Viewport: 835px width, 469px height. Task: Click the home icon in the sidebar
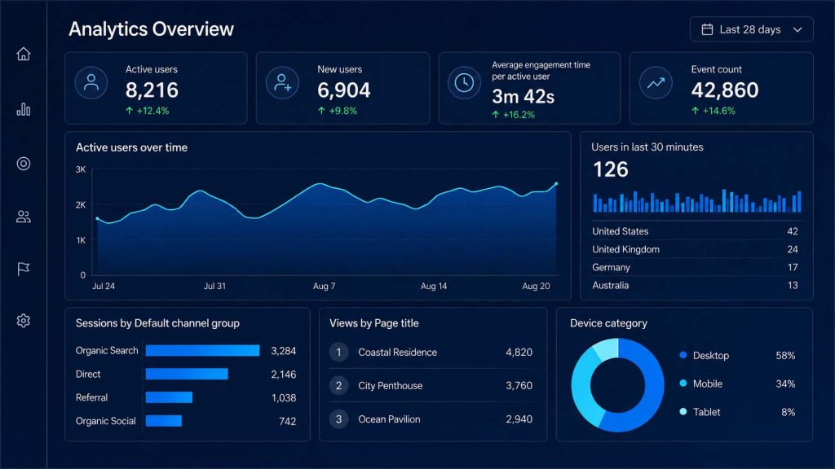point(24,54)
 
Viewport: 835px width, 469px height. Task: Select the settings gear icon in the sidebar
point(24,321)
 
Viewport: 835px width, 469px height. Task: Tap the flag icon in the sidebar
point(24,269)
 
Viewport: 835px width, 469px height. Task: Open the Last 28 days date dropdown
point(751,30)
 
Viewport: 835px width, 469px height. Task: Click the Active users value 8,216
point(152,90)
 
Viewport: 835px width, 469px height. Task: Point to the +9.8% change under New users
point(337,111)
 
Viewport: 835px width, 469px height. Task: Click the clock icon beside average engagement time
point(464,83)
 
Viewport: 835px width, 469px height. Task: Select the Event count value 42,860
point(725,90)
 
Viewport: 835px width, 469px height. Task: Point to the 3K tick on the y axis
point(81,169)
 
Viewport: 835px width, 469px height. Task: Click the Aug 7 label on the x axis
point(324,286)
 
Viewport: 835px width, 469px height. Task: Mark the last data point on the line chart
point(556,184)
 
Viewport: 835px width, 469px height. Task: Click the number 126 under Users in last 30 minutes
point(611,169)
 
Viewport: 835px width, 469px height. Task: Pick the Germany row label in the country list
point(611,267)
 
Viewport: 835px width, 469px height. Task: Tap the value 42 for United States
point(793,231)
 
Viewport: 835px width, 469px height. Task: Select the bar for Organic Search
point(202,350)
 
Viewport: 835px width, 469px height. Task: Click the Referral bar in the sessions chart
point(169,397)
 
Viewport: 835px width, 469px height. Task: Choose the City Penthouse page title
point(391,385)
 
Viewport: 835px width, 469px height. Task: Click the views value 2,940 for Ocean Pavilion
point(519,419)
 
